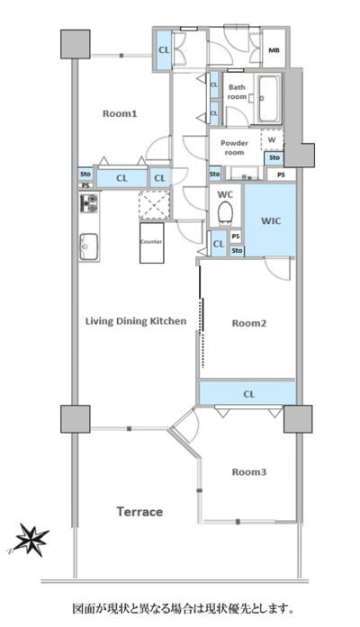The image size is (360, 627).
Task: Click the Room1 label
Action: [120, 114]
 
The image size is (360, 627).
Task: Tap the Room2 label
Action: [249, 324]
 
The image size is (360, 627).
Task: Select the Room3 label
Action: [249, 472]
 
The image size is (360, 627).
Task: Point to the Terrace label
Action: [139, 512]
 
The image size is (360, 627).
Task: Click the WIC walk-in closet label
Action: [271, 221]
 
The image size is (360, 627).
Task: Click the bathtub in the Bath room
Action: [268, 99]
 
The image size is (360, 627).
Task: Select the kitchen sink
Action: [89, 246]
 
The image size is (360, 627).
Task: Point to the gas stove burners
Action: [89, 203]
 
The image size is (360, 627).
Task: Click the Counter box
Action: [151, 243]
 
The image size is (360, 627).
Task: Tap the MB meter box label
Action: [274, 50]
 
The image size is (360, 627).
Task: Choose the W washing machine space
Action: [272, 140]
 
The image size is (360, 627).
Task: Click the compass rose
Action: [31, 541]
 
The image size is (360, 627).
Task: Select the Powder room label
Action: [234, 148]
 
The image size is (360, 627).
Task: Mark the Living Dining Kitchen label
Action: [136, 321]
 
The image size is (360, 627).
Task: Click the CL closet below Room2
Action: [248, 393]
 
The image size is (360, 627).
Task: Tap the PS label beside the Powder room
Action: [281, 175]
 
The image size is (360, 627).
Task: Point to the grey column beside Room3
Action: [298, 419]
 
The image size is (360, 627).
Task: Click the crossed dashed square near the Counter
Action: [155, 205]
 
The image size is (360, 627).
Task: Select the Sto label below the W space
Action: [274, 158]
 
